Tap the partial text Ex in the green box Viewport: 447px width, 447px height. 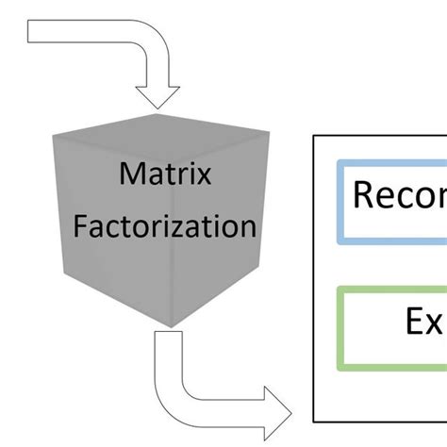click(424, 323)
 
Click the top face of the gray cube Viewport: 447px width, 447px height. click(159, 126)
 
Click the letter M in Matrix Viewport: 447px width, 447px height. click(129, 175)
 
